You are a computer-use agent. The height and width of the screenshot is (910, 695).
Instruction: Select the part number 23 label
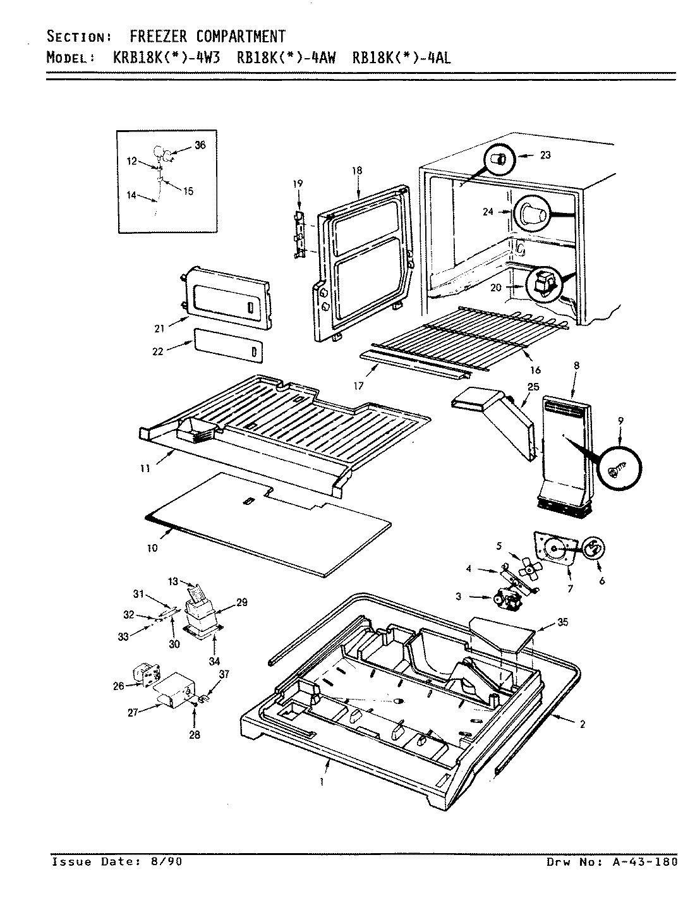(545, 155)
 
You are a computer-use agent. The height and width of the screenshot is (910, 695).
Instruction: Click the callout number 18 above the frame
(358, 171)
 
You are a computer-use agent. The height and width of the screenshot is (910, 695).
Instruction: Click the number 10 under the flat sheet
(152, 548)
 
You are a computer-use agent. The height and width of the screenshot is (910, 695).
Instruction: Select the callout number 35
(562, 622)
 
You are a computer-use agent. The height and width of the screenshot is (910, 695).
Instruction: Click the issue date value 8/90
(169, 861)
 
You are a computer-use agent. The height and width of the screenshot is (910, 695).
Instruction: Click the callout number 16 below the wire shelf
(536, 369)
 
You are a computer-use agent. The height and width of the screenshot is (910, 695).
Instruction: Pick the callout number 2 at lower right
(582, 724)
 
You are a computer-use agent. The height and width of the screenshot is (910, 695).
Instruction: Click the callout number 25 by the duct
(533, 386)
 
